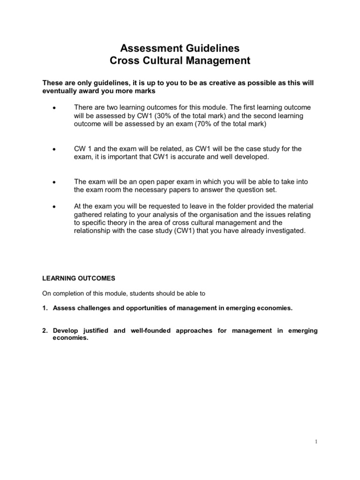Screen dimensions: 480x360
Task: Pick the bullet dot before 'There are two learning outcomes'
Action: pyautogui.click(x=54, y=108)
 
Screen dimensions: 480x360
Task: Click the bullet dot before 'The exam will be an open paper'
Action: pyautogui.click(x=54, y=182)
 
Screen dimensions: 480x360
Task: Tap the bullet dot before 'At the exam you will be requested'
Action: pyautogui.click(x=54, y=207)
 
